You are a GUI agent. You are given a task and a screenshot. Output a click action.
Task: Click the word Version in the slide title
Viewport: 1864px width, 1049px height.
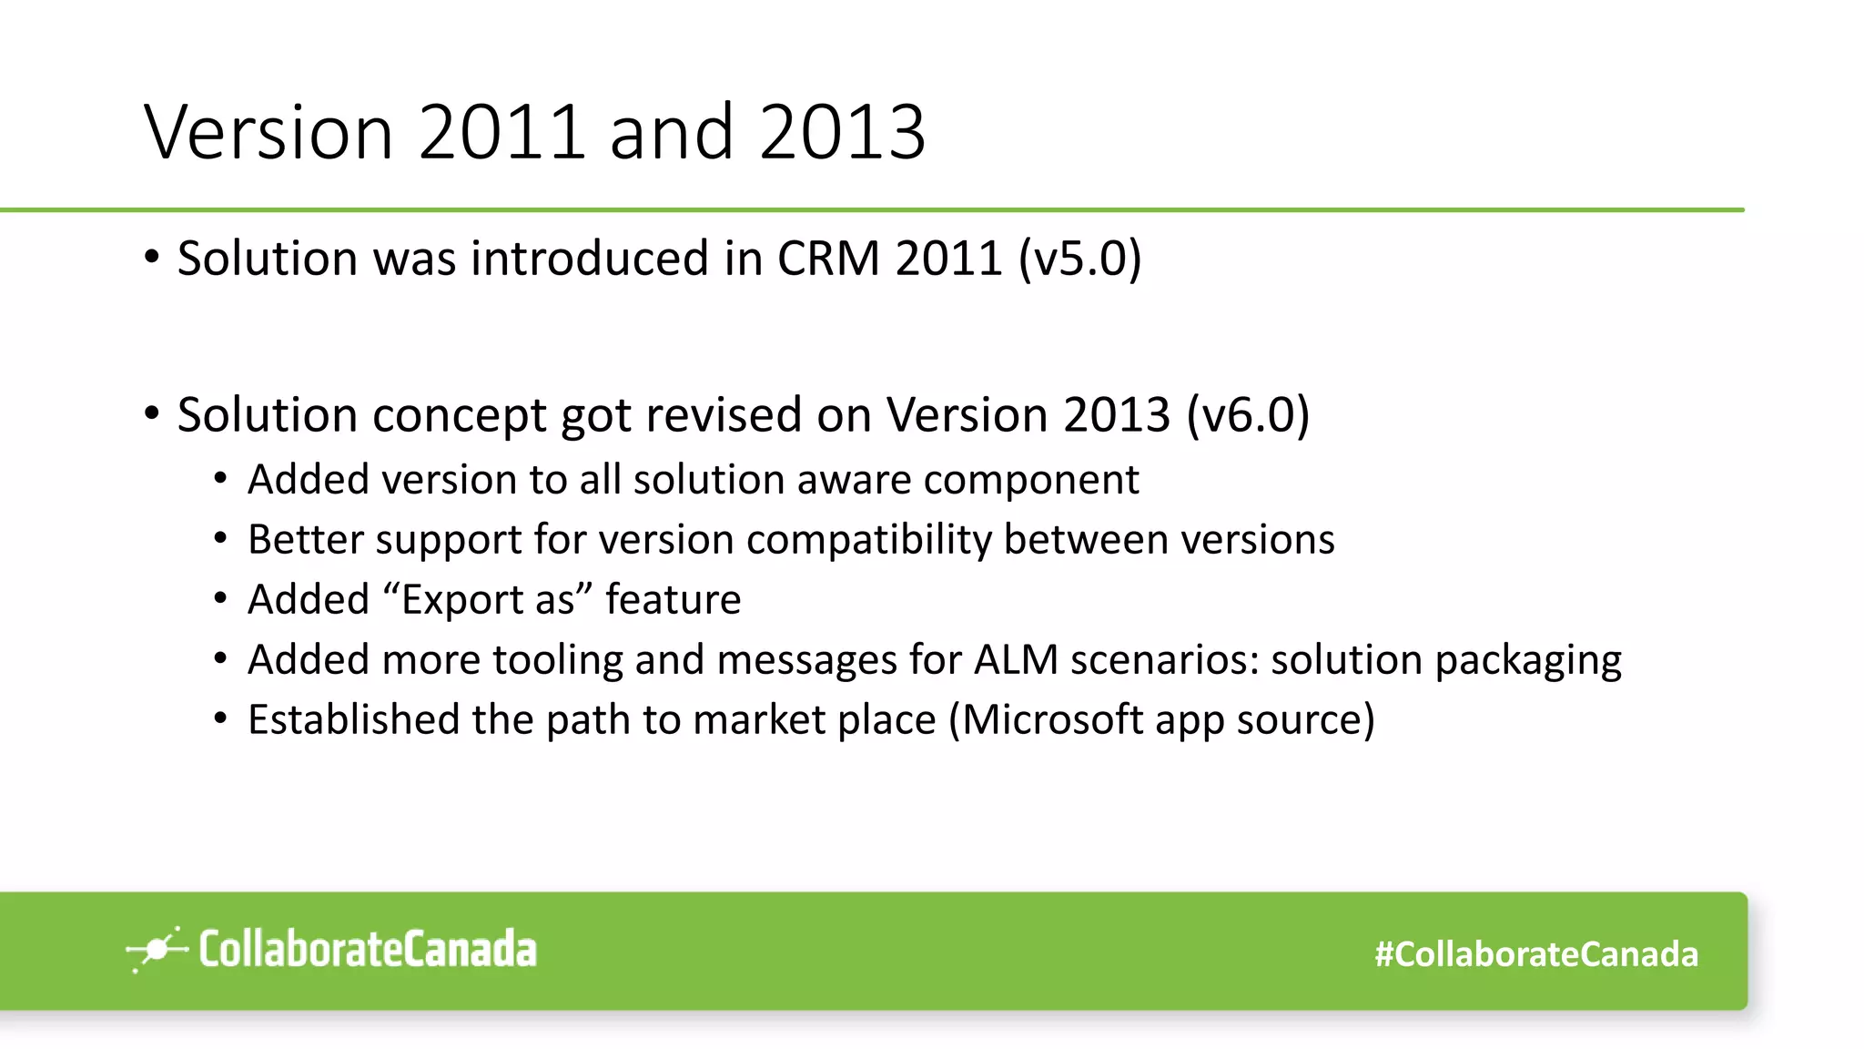tap(268, 133)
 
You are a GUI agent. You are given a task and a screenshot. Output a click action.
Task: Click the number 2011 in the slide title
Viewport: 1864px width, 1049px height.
tap(501, 133)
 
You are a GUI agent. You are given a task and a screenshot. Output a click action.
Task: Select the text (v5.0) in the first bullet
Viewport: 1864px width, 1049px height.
tap(1079, 259)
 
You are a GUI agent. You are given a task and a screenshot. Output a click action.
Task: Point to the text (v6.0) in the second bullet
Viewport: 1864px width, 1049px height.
tap(1248, 415)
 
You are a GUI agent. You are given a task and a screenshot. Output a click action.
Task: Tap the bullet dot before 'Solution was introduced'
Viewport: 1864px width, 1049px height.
tap(152, 258)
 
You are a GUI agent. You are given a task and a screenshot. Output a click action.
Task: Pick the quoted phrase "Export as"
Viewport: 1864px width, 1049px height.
tap(488, 600)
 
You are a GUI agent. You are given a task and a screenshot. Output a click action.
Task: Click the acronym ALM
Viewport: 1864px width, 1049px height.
tap(1016, 660)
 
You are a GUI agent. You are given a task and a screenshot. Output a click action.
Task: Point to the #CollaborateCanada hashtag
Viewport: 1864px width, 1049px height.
tap(1535, 954)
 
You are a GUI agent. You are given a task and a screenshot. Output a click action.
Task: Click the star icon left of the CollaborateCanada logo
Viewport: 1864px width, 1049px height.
tap(157, 950)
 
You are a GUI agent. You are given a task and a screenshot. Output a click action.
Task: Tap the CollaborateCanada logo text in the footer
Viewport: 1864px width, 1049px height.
tap(368, 950)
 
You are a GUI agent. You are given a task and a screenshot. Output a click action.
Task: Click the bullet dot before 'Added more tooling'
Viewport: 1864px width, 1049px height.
tap(221, 658)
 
